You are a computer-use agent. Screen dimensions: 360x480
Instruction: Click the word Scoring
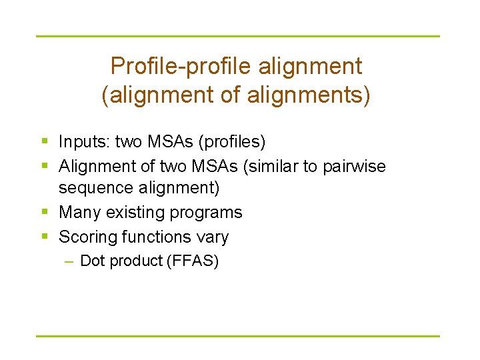85,237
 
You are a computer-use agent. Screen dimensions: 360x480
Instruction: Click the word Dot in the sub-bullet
91,261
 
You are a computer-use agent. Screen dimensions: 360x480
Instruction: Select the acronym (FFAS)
195,261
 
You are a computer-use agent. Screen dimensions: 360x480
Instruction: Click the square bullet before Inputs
44,142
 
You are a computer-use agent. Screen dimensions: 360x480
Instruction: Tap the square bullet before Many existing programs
44,213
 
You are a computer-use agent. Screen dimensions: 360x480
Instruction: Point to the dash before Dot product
69,261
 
